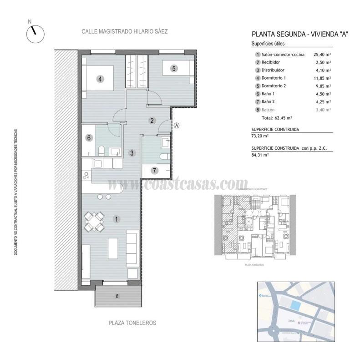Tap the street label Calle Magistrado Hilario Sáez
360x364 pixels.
[x=124, y=32]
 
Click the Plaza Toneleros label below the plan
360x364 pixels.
[x=132, y=323]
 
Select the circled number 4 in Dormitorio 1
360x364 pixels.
[x=100, y=79]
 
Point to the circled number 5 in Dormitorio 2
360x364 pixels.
[x=174, y=68]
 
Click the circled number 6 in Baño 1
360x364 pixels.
[x=90, y=138]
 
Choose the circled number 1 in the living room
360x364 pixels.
[x=117, y=219]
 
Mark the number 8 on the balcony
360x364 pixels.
[x=117, y=296]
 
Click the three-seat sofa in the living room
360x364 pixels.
[x=132, y=248]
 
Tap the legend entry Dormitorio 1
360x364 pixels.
[x=277, y=78]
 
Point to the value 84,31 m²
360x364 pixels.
[x=260, y=155]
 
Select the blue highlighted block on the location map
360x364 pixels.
[x=296, y=306]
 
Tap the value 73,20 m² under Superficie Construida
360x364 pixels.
[x=260, y=136]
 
